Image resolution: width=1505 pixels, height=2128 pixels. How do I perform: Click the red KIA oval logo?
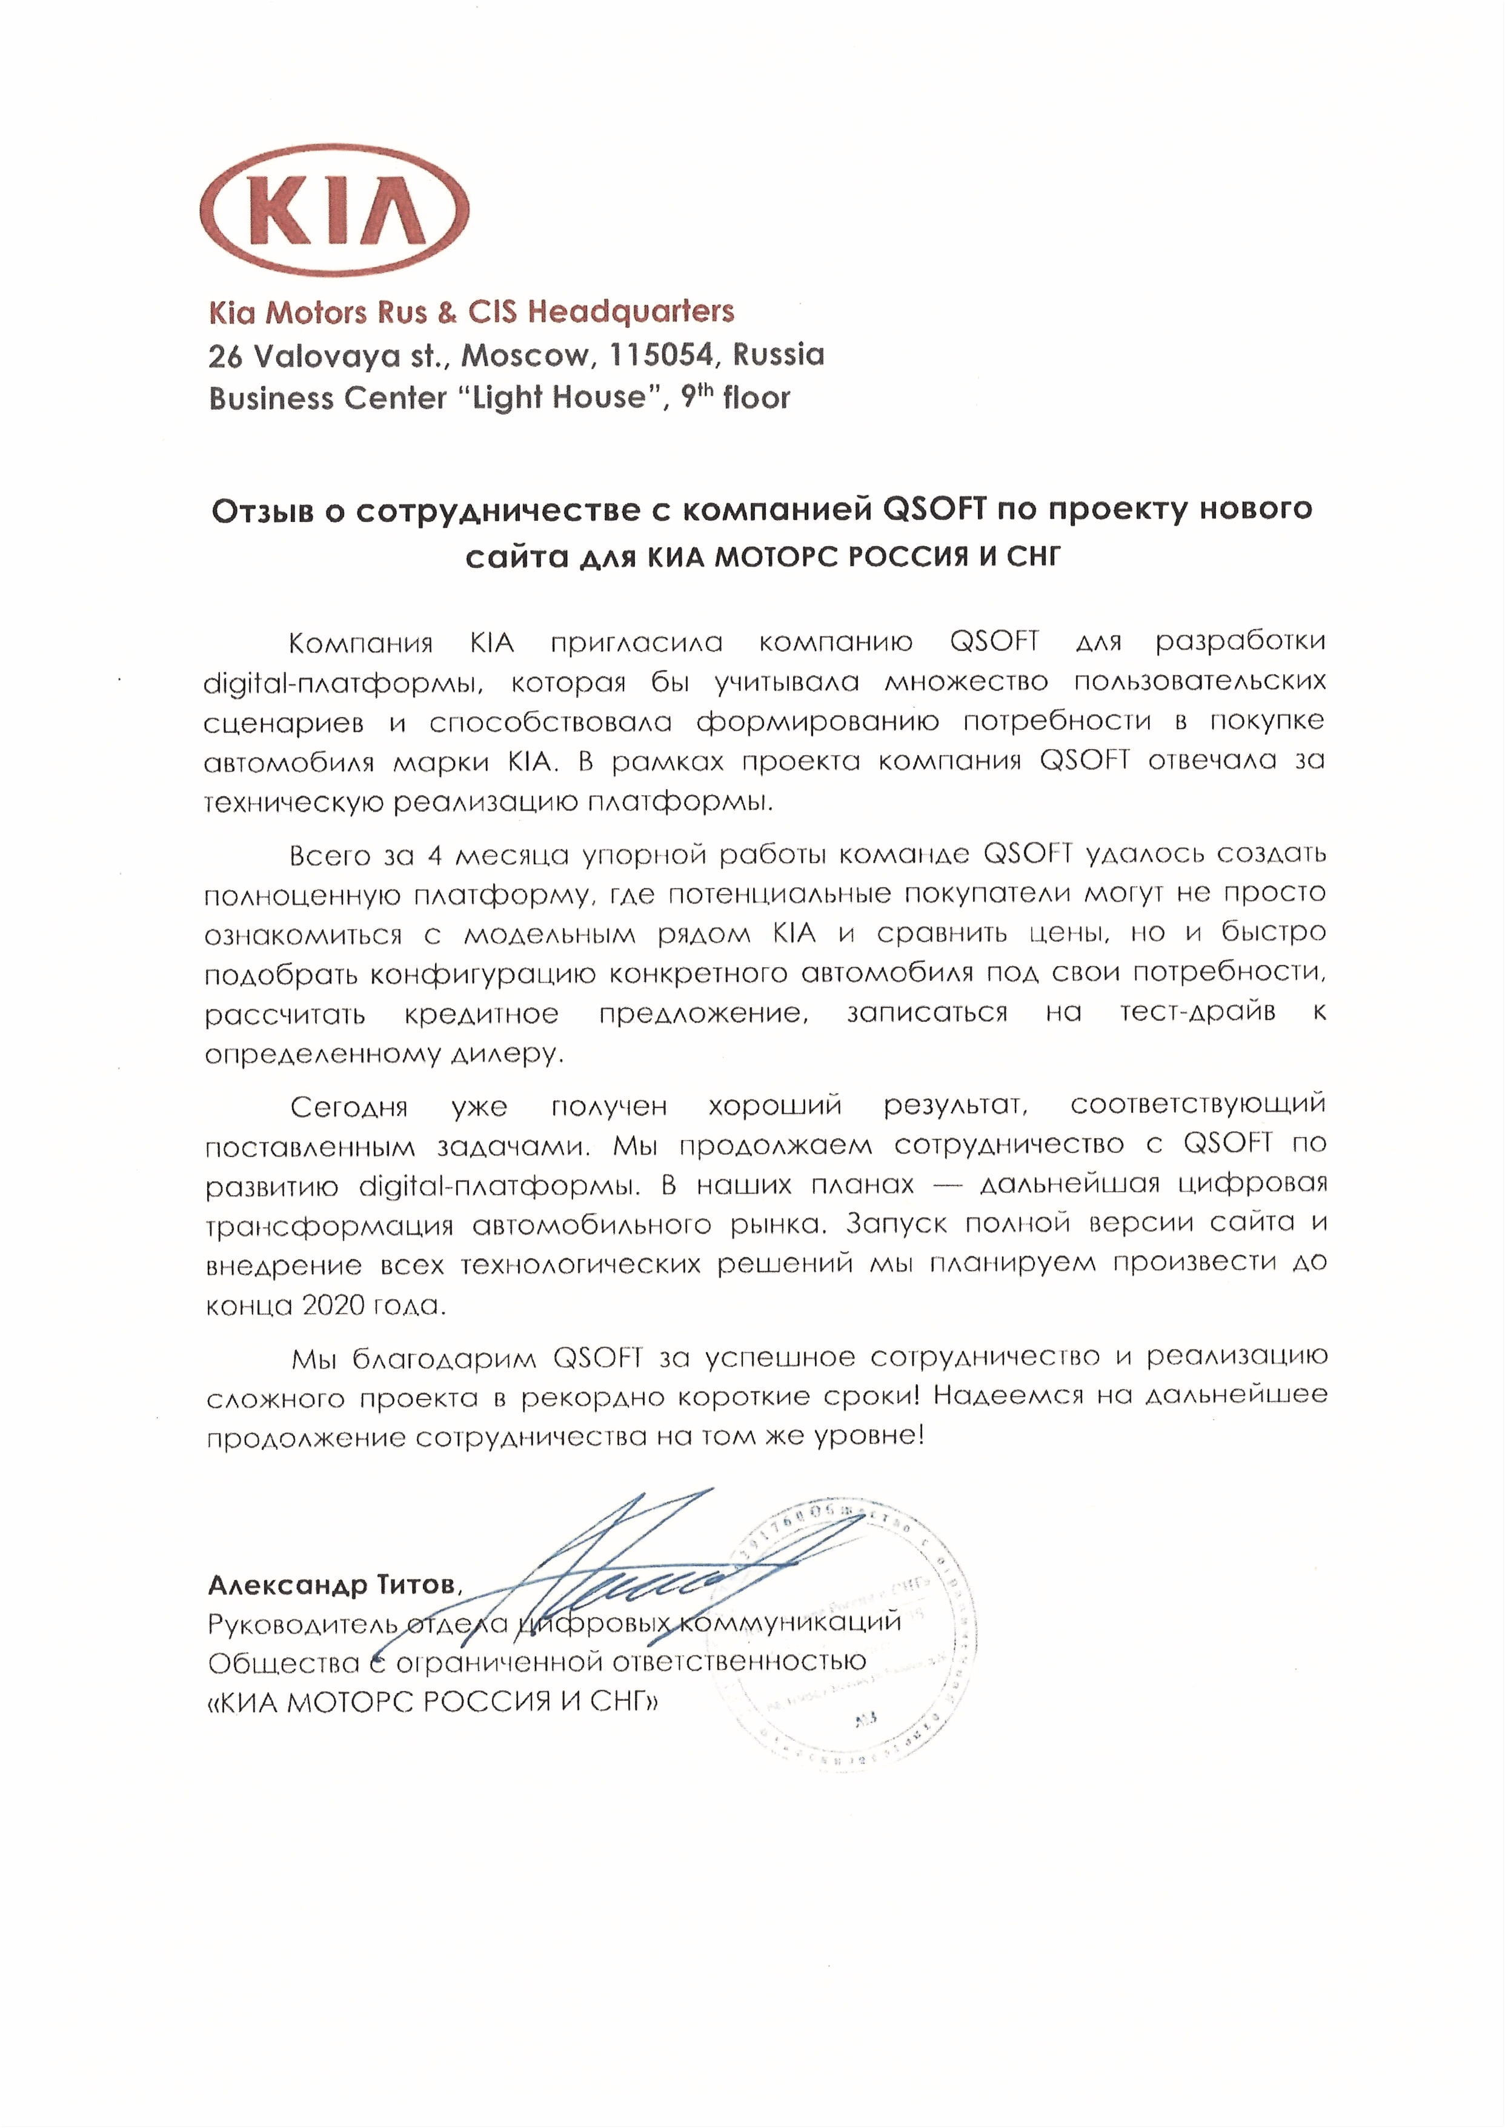pyautogui.click(x=334, y=210)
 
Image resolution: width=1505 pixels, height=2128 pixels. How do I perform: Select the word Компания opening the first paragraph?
pyautogui.click(x=360, y=643)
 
